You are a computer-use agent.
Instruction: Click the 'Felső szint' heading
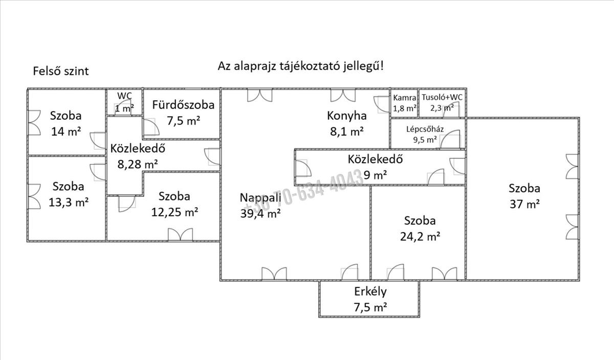[61, 71]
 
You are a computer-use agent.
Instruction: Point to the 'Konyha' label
[347, 116]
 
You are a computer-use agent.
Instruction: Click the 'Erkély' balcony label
[370, 292]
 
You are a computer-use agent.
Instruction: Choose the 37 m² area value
[525, 204]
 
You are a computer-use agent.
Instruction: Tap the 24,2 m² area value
[420, 237]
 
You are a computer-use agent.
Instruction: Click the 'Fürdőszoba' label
[183, 105]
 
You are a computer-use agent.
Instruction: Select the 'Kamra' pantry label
[404, 98]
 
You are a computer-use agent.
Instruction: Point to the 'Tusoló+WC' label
[443, 98]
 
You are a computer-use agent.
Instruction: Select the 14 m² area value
[66, 132]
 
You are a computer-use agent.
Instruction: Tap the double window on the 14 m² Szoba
[34, 123]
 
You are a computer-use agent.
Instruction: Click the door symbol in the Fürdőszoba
[150, 127]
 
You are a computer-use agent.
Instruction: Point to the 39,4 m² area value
[260, 214]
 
